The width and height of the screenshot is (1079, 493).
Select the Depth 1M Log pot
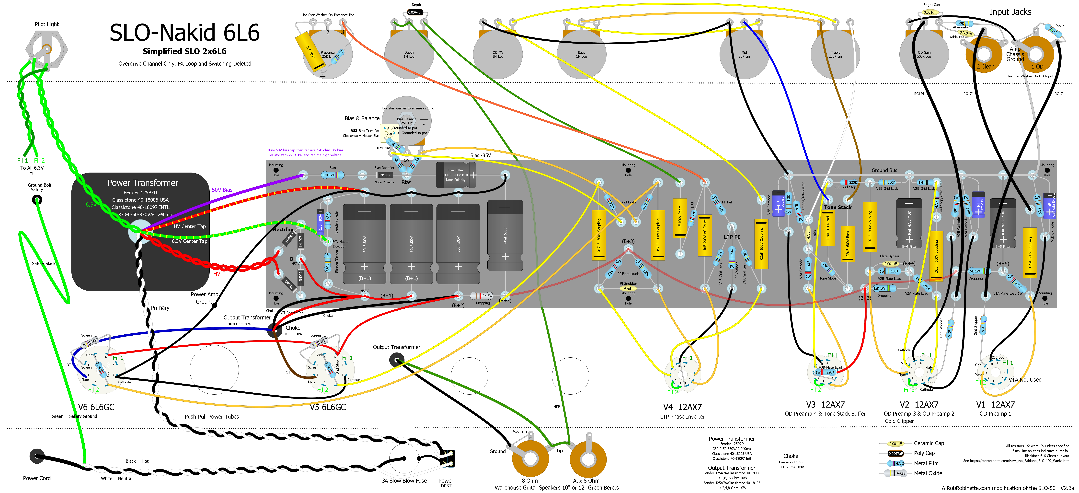coord(409,54)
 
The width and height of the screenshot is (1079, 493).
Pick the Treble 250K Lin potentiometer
coord(835,54)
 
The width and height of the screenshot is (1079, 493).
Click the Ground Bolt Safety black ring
coord(37,200)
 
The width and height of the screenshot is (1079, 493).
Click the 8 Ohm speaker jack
coord(530,459)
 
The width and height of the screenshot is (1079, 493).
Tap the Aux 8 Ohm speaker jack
coord(588,459)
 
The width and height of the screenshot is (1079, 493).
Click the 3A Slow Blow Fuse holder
coord(404,459)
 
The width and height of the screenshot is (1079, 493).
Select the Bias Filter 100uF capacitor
coord(456,175)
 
